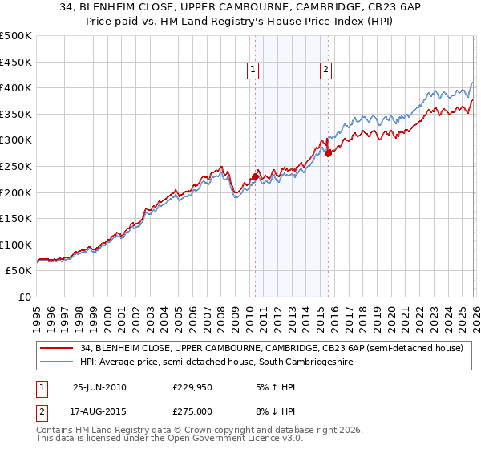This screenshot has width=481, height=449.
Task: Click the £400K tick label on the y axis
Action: [x=16, y=87]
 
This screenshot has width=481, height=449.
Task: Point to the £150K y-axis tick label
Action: [x=16, y=218]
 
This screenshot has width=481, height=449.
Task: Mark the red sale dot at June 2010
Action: [x=256, y=176]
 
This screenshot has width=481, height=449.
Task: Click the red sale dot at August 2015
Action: [x=329, y=152]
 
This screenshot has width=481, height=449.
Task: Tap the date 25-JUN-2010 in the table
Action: [x=99, y=386]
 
